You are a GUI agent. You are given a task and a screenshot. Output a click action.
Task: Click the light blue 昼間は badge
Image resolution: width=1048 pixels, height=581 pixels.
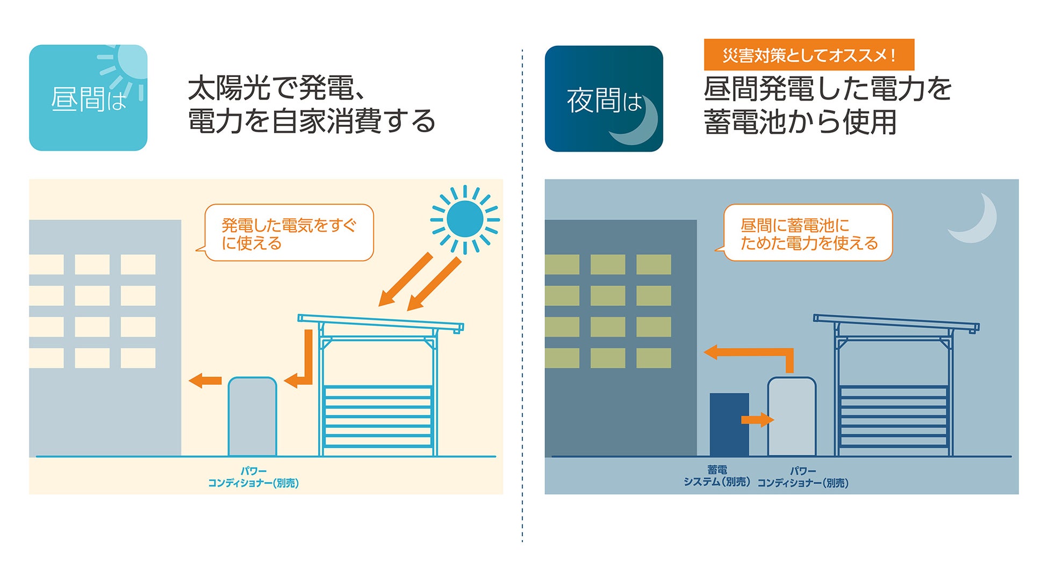(88, 98)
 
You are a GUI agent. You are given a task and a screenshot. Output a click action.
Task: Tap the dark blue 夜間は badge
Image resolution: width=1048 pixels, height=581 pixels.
(604, 99)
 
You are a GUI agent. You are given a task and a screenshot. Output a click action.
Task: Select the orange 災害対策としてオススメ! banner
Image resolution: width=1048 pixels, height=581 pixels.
(809, 55)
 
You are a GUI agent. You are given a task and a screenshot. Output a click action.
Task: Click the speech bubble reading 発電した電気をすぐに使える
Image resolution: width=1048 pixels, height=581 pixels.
(289, 233)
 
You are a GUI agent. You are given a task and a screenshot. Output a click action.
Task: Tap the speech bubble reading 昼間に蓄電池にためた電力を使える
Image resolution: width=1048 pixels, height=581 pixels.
(808, 233)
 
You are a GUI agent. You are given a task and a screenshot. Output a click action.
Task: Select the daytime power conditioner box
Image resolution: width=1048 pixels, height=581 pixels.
(252, 417)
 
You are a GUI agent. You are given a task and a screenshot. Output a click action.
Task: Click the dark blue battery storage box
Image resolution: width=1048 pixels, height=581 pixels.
(729, 425)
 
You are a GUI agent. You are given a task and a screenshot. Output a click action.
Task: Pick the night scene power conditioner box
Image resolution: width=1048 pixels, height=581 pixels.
(792, 417)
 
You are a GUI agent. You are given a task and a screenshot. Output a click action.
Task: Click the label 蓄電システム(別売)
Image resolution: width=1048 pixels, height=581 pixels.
(717, 476)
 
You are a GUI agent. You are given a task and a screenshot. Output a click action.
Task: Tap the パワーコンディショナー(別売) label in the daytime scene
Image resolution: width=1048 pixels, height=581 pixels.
(253, 477)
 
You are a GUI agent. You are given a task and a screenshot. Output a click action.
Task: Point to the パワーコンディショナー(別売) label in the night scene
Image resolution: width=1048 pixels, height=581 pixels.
(803, 477)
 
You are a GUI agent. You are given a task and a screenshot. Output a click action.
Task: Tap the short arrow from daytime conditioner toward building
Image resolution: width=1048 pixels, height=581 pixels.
(205, 381)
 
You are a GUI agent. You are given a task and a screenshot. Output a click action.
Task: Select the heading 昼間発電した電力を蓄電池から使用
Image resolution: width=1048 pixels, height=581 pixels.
(828, 105)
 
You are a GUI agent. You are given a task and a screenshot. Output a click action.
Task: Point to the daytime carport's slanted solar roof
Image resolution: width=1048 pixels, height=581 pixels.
(381, 322)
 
